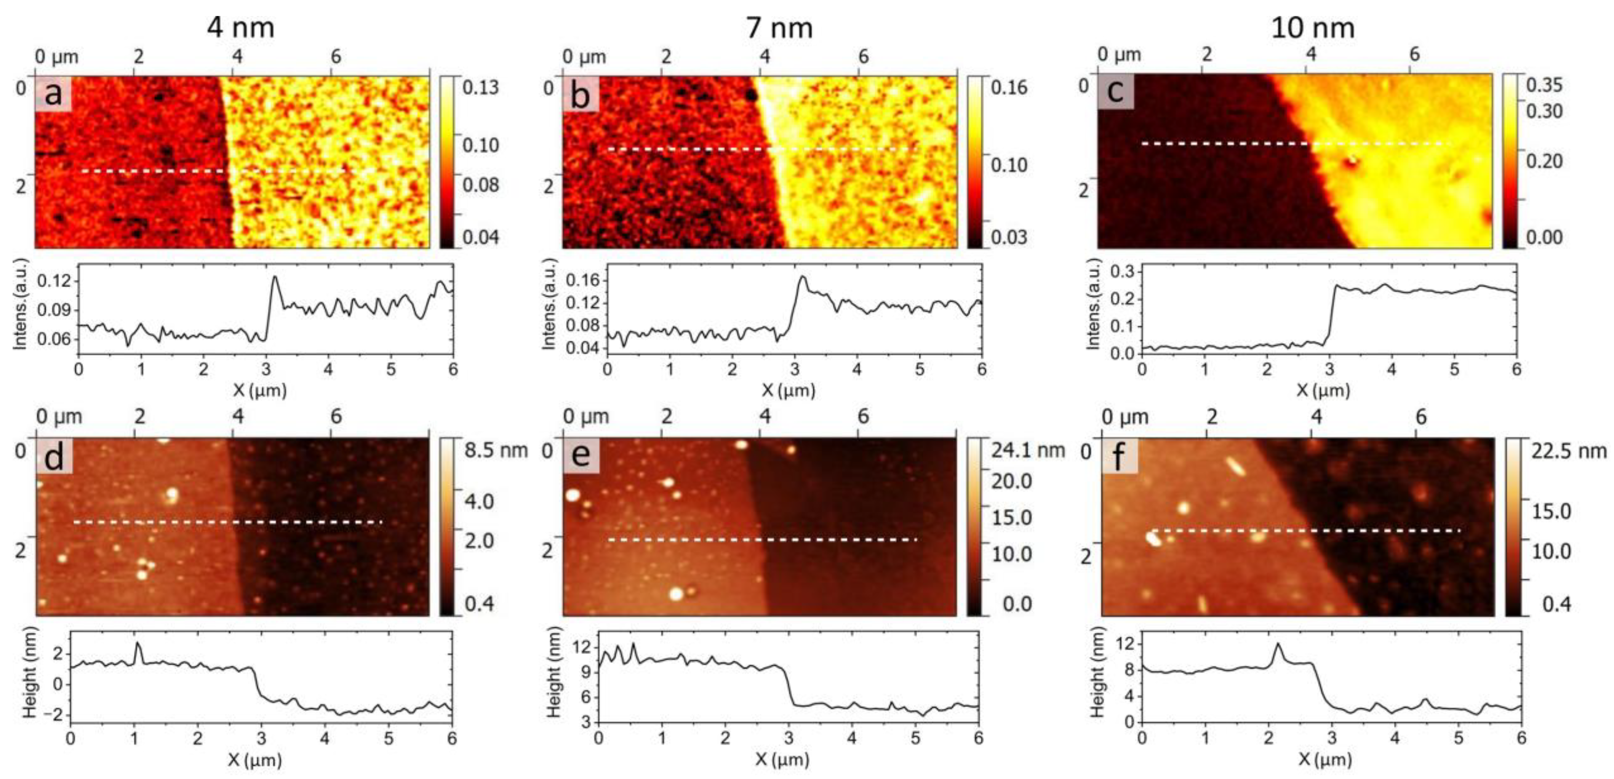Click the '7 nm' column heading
tap(779, 28)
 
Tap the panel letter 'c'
tap(1115, 91)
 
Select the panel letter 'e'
tap(581, 456)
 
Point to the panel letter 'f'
tap(1119, 456)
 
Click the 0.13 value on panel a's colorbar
tap(480, 87)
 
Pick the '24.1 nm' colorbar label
tap(1027, 450)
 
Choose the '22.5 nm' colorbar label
tap(1568, 450)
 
